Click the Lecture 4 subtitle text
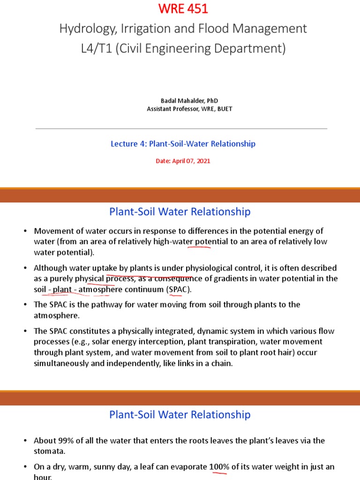click(x=183, y=144)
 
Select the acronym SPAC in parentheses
click(x=179, y=289)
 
